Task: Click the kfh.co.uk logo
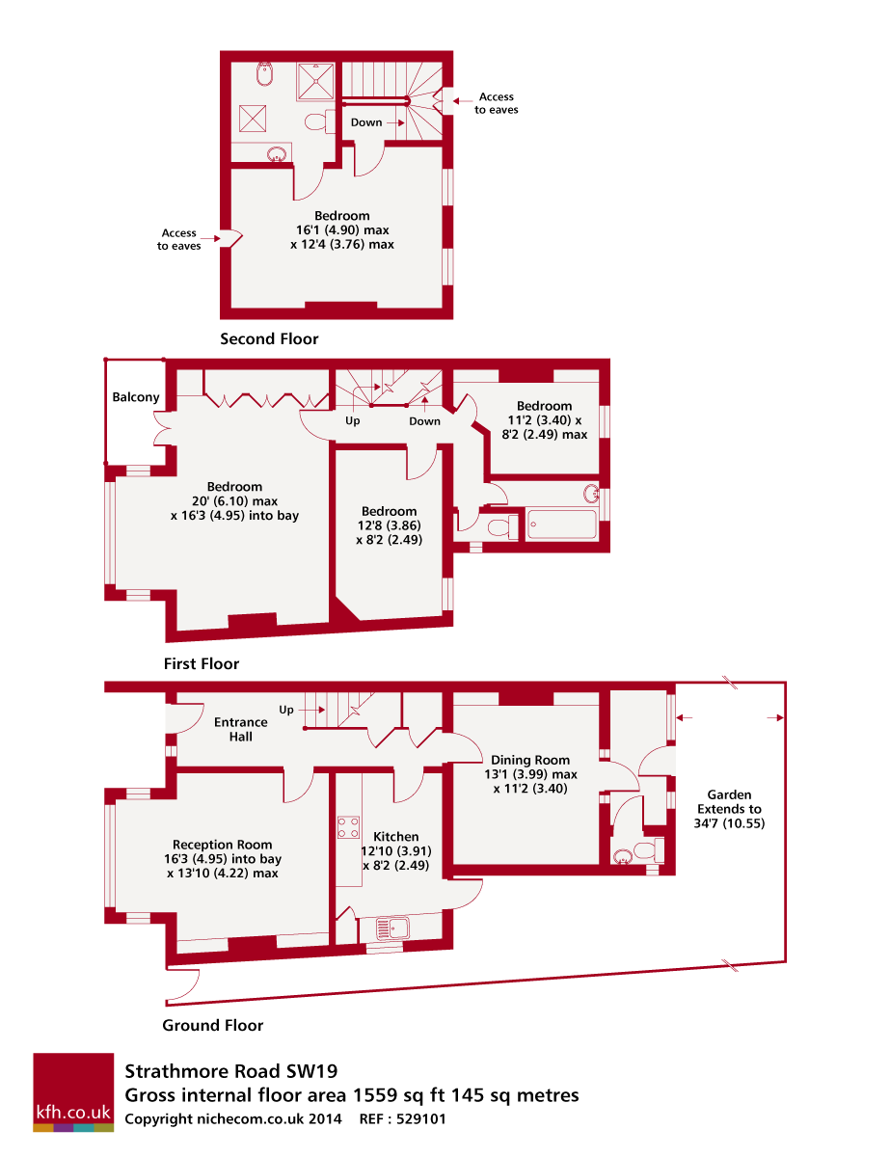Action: coord(73,1091)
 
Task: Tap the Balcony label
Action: coord(136,397)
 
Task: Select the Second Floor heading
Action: coord(269,338)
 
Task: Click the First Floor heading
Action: coord(202,663)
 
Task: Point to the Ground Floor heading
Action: coord(212,1025)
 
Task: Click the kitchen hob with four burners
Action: coord(348,827)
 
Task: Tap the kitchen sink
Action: coord(392,928)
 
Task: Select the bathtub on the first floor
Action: coord(561,525)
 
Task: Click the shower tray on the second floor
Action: coord(316,81)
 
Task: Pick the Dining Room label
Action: coord(530,760)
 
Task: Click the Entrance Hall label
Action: coord(241,730)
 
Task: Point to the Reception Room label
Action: coord(222,845)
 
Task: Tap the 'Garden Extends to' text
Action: coord(729,802)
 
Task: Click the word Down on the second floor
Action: coord(366,122)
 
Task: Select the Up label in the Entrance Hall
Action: coord(286,710)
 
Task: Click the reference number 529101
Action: coord(421,1118)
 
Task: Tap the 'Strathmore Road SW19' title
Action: coord(231,1071)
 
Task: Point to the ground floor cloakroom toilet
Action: coord(649,851)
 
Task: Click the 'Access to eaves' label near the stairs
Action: coord(496,103)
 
